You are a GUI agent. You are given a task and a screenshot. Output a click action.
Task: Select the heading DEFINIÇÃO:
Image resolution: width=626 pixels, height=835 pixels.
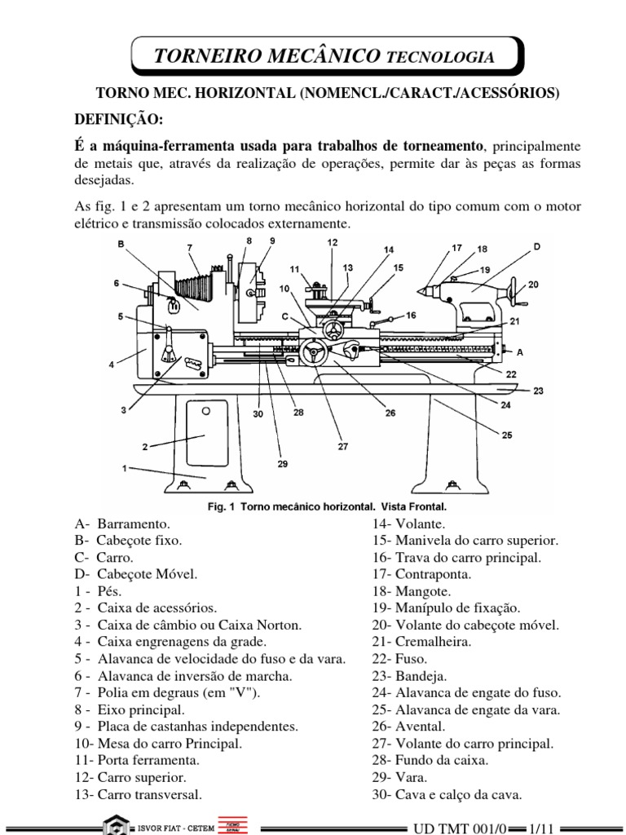pyautogui.click(x=119, y=119)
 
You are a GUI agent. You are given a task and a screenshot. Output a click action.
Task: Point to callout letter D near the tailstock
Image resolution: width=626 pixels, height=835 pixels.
pyautogui.click(x=536, y=245)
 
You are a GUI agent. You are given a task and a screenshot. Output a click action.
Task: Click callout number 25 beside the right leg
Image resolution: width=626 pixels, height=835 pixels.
pyautogui.click(x=507, y=435)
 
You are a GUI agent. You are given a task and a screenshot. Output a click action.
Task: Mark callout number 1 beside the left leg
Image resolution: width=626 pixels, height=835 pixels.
pyautogui.click(x=125, y=468)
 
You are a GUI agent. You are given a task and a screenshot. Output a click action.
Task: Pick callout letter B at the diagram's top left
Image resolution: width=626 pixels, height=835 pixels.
pyautogui.click(x=121, y=244)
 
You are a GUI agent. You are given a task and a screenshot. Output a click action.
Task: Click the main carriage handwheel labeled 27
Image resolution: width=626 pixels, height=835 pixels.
pyautogui.click(x=312, y=354)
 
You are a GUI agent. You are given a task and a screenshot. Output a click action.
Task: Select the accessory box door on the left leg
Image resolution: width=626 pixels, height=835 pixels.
pyautogui.click(x=205, y=435)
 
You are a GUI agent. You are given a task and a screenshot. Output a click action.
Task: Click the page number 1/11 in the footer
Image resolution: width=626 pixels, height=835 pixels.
pyautogui.click(x=540, y=827)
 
